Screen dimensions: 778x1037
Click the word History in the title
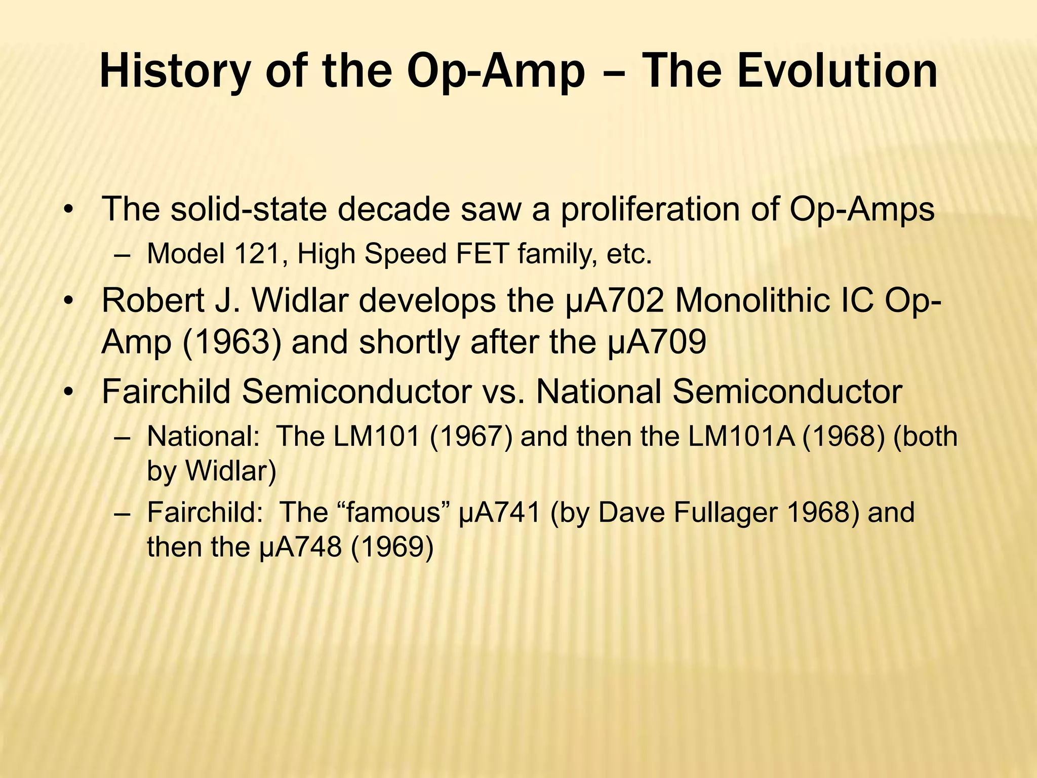pyautogui.click(x=175, y=72)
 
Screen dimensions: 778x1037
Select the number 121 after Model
pyautogui.click(x=259, y=254)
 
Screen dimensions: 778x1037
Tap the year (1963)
pyautogui.click(x=231, y=342)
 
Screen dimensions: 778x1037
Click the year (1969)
pyautogui.click(x=392, y=547)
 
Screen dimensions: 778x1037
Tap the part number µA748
pyautogui.click(x=300, y=547)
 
